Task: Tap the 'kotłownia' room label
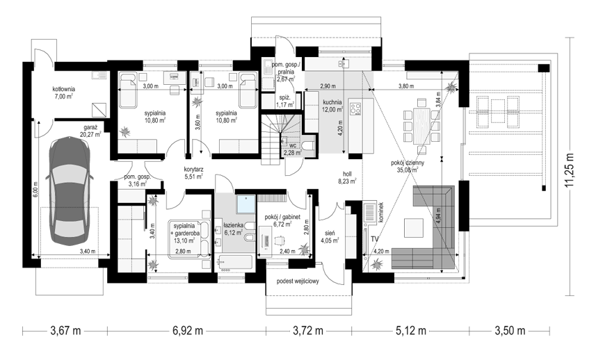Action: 63,89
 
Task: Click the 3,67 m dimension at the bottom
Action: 66,331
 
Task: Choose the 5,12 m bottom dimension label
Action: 411,331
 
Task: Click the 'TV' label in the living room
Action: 375,239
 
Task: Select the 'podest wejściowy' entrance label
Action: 298,281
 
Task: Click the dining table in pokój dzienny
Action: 421,126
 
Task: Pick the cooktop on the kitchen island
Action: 356,107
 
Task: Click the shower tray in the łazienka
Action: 246,204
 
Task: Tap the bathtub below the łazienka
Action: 235,263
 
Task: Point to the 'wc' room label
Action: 293,145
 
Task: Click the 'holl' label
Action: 347,174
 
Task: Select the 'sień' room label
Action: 329,232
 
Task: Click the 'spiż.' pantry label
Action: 285,97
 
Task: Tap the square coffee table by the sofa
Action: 414,228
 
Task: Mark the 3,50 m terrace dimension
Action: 510,331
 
